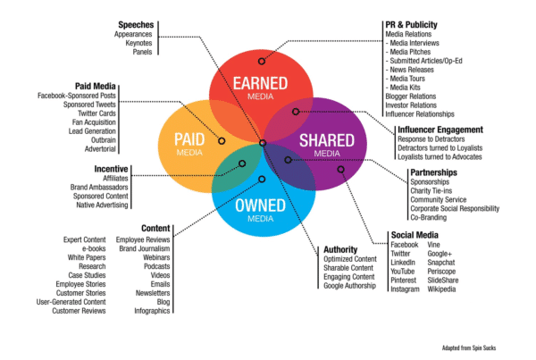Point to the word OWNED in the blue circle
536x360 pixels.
tap(260, 205)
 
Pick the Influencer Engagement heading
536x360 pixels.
tap(441, 130)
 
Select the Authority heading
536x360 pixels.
tap(341, 249)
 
